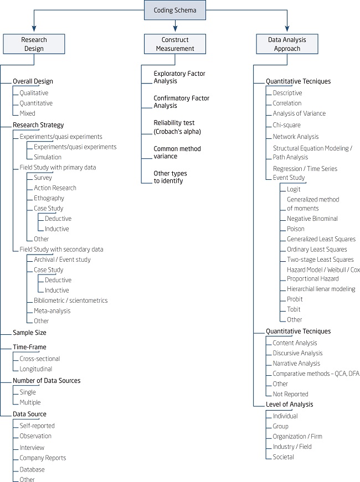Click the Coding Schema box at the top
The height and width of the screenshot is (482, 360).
[x=175, y=10]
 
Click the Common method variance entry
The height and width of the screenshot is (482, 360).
[x=177, y=153]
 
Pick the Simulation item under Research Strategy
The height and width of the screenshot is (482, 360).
[x=48, y=157]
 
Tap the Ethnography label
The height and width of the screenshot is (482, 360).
[x=49, y=198]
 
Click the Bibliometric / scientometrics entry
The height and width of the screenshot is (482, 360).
[x=70, y=300]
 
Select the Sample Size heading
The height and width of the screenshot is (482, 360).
[x=29, y=333]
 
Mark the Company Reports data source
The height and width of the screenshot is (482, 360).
[x=43, y=458]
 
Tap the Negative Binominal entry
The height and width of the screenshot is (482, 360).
[x=312, y=219]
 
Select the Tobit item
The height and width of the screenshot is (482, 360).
[x=294, y=309]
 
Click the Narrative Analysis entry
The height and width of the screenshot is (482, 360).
[x=296, y=364]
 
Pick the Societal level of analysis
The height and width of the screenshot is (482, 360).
[x=283, y=457]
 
